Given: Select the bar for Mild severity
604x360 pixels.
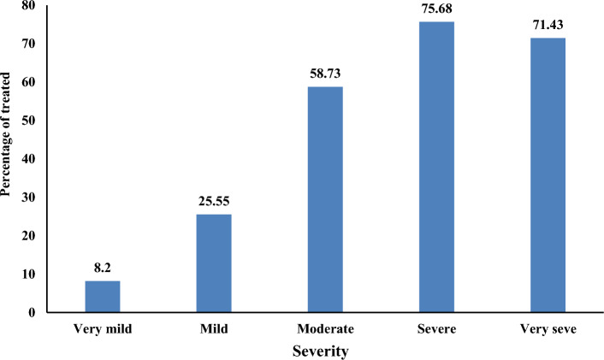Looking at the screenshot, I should pyautogui.click(x=214, y=263).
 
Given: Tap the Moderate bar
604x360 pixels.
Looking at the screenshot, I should pyautogui.click(x=325, y=199).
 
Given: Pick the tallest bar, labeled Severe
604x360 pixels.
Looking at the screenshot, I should pyautogui.click(x=436, y=167).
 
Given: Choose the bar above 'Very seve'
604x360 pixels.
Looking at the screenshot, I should pyautogui.click(x=548, y=174).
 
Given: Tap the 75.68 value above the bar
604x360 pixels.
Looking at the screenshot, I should pyautogui.click(x=436, y=10).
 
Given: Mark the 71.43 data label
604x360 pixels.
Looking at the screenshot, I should pyautogui.click(x=548, y=27).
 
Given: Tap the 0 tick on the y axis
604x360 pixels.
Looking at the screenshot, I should pyautogui.click(x=32, y=313).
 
